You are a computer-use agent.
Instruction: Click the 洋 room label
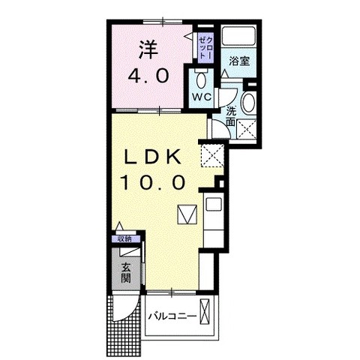point(148,50)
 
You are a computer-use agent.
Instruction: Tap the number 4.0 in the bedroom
point(148,76)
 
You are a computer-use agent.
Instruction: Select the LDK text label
point(153,157)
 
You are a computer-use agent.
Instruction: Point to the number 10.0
point(153,182)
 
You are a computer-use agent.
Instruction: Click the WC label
point(202,97)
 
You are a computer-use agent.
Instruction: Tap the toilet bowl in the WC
point(201,80)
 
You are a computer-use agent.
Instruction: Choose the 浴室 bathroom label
point(239,61)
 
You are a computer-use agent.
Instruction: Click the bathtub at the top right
point(239,36)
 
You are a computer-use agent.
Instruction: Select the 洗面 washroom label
point(231,116)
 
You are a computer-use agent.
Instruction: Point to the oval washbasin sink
point(249,102)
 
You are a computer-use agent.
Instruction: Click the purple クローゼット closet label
point(206,48)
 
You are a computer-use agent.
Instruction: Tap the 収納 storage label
point(125,239)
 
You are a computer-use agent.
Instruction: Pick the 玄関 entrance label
point(126,273)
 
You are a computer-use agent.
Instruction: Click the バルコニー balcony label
point(172,316)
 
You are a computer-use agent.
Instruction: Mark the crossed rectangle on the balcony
point(205,312)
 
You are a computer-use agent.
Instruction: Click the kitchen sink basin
point(213,205)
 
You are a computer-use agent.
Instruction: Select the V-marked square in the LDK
point(187,214)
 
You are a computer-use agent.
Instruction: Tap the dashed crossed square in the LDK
point(212,155)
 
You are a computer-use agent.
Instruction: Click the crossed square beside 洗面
point(246,129)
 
